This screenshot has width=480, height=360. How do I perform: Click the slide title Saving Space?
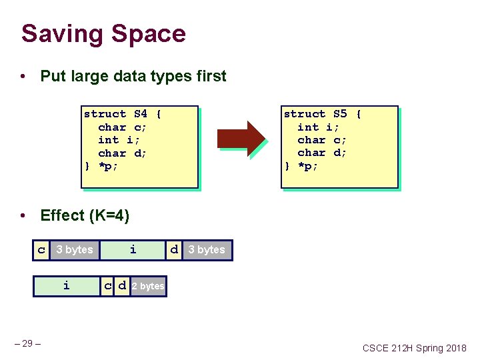coord(103,33)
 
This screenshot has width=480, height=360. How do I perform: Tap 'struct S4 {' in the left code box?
coord(122,114)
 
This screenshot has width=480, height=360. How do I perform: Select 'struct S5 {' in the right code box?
coord(322,114)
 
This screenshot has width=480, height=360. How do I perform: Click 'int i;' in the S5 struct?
coord(318,127)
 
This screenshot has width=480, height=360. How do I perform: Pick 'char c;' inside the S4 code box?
coord(122,127)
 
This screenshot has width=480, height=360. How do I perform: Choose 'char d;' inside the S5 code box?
coord(322,153)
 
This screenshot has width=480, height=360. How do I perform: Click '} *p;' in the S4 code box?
coord(101,166)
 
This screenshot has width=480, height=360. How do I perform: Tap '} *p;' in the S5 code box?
coord(301,166)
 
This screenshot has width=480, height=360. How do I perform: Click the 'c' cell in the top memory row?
coord(41,250)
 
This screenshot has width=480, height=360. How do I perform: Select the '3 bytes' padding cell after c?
coord(75,250)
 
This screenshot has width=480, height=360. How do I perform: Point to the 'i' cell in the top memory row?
coord(133,250)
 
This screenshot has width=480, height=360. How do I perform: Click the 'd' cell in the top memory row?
coord(174,250)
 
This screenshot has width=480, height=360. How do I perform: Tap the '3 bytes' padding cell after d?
coord(207,250)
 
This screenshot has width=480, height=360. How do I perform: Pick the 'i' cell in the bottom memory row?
coord(66,286)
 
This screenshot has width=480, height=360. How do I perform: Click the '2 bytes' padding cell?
coord(148,286)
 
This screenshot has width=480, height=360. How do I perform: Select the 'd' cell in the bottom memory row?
coord(122,286)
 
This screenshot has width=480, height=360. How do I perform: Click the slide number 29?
coord(27,343)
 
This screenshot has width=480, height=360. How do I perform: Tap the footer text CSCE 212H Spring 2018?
coord(415,348)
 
